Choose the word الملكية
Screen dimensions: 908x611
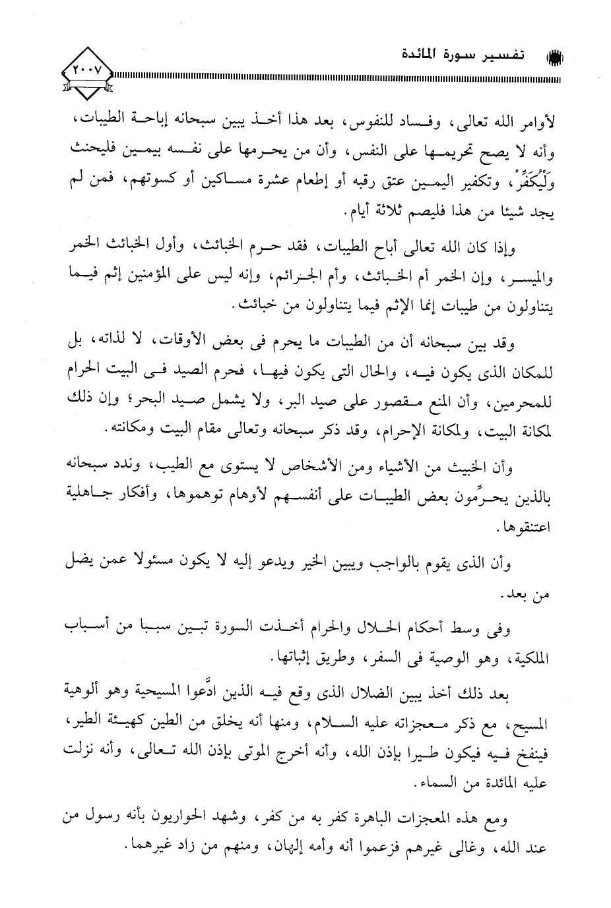(x=531, y=657)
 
